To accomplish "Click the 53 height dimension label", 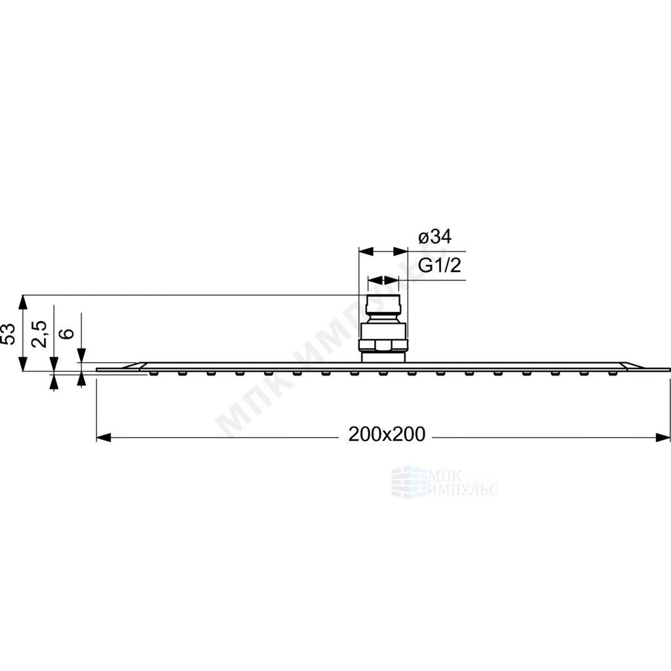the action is (x=9, y=334).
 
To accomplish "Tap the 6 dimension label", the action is (x=67, y=334).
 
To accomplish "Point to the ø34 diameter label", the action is (x=434, y=236).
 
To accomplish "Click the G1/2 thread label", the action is (x=440, y=265).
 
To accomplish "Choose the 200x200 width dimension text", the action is (x=387, y=434).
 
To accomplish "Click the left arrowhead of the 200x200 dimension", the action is (x=104, y=437).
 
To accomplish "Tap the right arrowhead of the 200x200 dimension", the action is (x=663, y=437).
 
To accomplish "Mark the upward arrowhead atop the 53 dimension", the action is (x=23, y=302).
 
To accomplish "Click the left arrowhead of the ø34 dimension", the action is (x=366, y=251).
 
